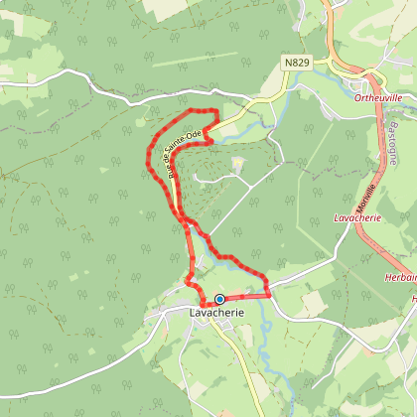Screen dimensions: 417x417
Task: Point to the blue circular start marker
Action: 219,298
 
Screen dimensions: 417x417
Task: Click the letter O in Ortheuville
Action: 357,97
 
